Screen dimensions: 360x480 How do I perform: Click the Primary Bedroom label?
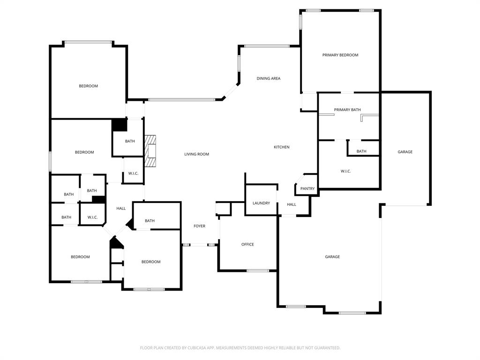pyautogui.click(x=340, y=55)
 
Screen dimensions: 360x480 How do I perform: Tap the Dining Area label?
pyautogui.click(x=268, y=78)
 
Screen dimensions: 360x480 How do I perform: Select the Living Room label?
pyautogui.click(x=196, y=154)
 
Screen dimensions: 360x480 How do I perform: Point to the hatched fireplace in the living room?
pyautogui.click(x=150, y=151)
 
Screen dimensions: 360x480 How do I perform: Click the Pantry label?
pyautogui.click(x=307, y=188)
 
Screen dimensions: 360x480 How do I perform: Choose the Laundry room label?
pyautogui.click(x=261, y=203)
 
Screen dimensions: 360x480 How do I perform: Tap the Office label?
pyautogui.click(x=247, y=244)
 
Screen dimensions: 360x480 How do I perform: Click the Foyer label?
pyautogui.click(x=199, y=226)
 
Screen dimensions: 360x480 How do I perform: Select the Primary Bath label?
pyautogui.click(x=347, y=110)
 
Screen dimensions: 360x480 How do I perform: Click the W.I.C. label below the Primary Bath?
pyautogui.click(x=345, y=171)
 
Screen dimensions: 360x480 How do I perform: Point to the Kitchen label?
pyautogui.click(x=281, y=147)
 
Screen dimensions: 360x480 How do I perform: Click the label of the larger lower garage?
pyautogui.click(x=332, y=257)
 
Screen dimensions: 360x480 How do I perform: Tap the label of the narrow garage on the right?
pyautogui.click(x=405, y=152)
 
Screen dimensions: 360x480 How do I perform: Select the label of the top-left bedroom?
pyautogui.click(x=88, y=86)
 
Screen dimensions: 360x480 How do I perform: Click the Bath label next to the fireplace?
pyautogui.click(x=130, y=141)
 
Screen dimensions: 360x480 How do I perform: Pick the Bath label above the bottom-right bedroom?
pyautogui.click(x=150, y=221)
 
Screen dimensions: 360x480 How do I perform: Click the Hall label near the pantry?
pyautogui.click(x=292, y=204)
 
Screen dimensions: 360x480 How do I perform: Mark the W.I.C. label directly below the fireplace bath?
pyautogui.click(x=133, y=173)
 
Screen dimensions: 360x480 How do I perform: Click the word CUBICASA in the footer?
pyautogui.click(x=195, y=348)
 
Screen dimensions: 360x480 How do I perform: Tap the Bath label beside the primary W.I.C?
pyautogui.click(x=361, y=151)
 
